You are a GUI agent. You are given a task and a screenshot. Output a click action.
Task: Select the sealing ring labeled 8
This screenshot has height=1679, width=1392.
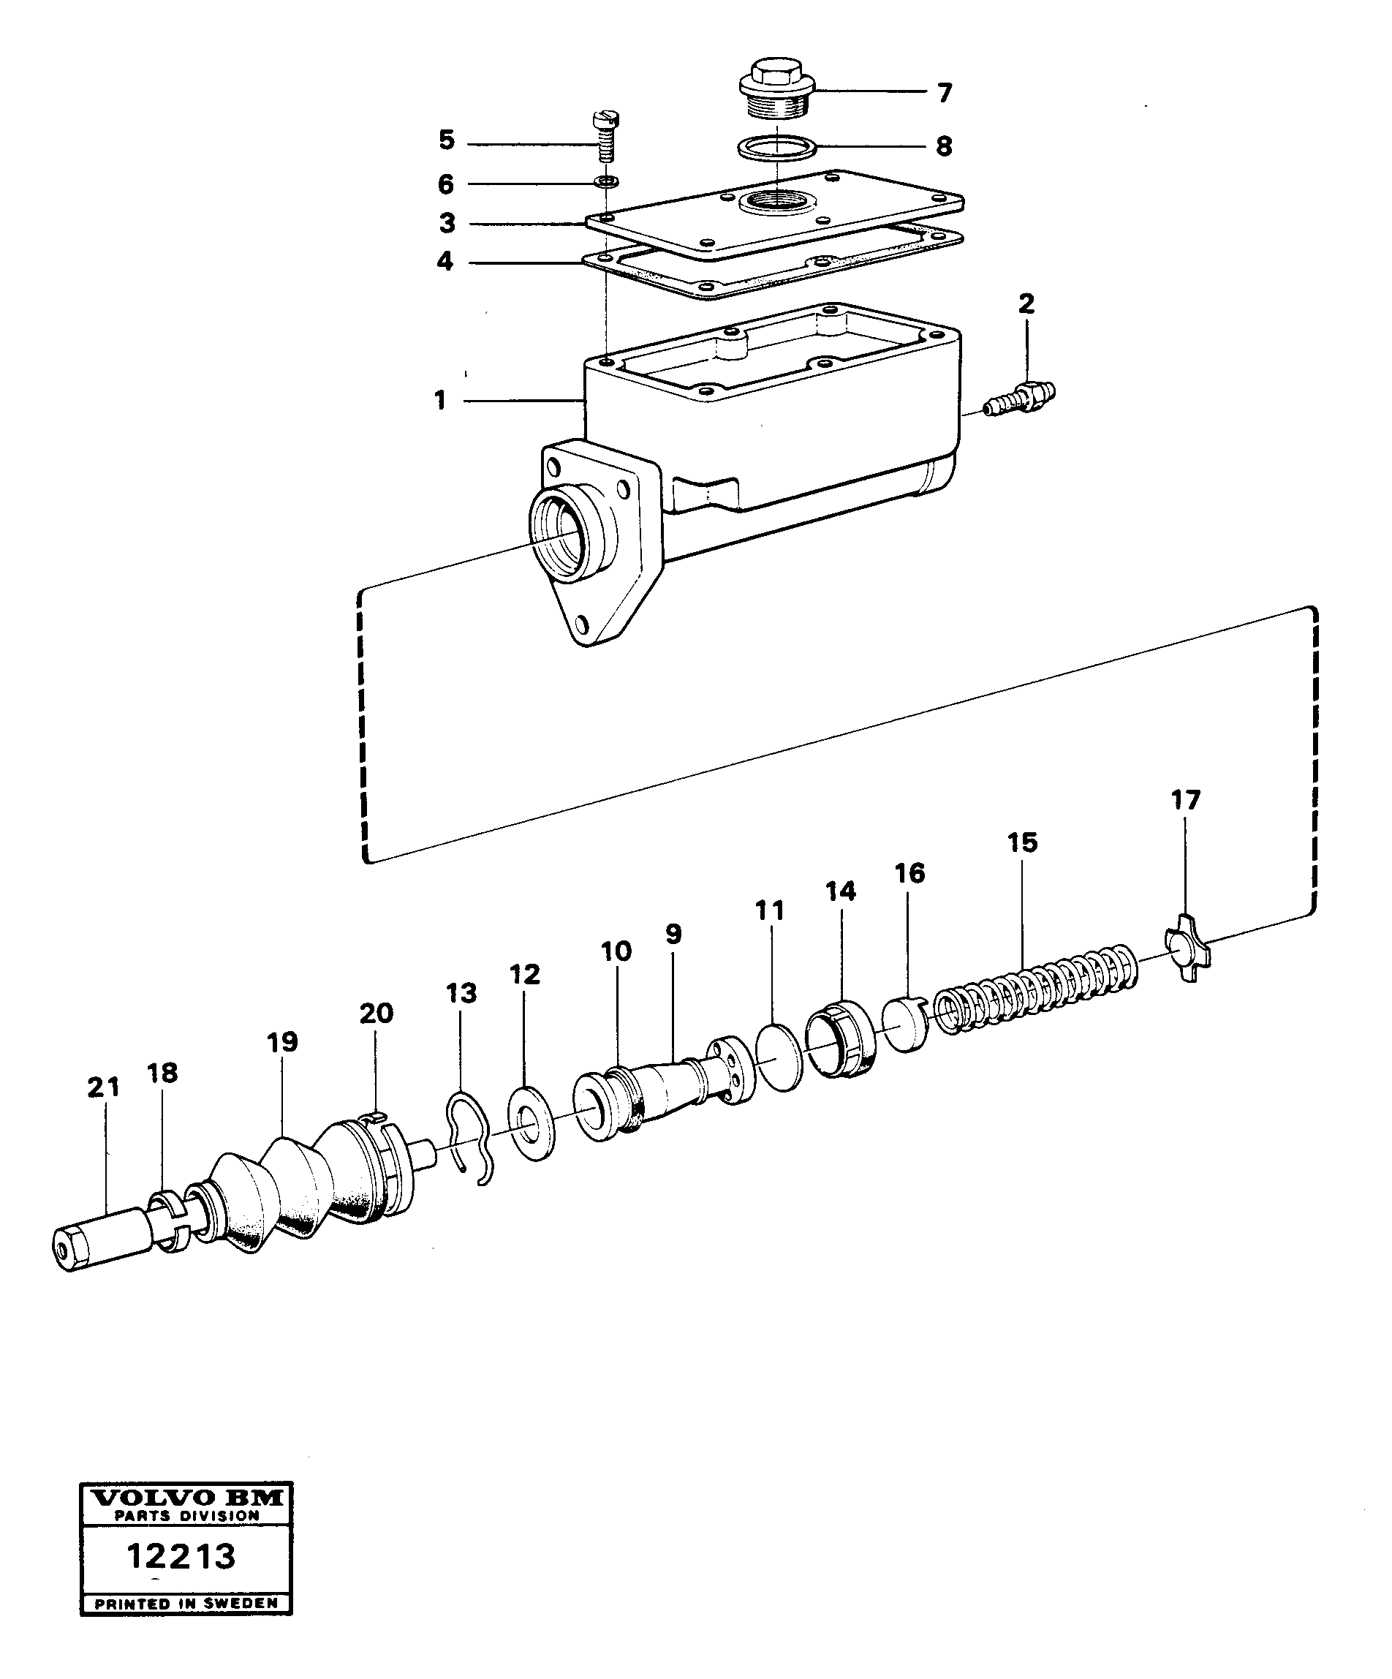pos(776,148)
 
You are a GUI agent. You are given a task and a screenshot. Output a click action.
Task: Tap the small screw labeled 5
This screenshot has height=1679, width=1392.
pos(605,135)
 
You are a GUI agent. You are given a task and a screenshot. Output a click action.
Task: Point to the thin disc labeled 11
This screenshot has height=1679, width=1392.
pos(779,1057)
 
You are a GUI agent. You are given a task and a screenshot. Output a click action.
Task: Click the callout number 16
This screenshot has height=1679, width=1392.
pos(910,872)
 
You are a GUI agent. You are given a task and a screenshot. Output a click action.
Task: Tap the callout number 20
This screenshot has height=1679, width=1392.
pos(376,1013)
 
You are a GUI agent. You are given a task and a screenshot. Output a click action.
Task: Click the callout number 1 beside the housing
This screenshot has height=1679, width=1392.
pos(439,400)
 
